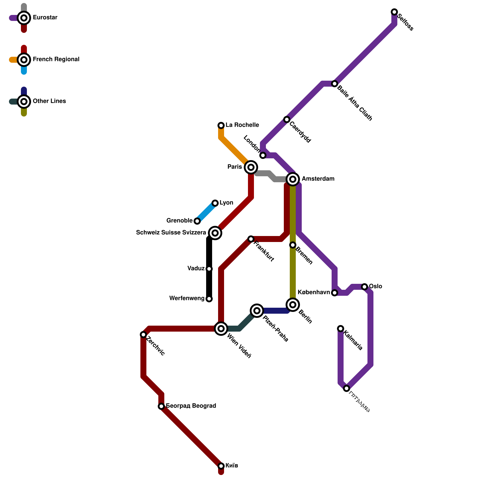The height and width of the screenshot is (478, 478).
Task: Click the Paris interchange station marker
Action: click(x=251, y=167)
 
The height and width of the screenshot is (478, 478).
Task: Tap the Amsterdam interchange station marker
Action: click(x=293, y=179)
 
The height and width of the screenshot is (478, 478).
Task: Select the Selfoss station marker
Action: click(x=394, y=12)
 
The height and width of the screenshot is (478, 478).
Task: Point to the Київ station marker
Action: click(x=221, y=466)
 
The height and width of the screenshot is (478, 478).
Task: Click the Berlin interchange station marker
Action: click(x=293, y=305)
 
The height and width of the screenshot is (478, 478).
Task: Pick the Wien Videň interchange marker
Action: click(x=221, y=329)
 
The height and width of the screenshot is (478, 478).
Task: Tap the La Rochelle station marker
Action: click(x=221, y=125)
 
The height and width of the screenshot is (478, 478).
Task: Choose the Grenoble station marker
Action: click(x=197, y=221)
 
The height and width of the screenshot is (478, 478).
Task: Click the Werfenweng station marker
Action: click(x=209, y=299)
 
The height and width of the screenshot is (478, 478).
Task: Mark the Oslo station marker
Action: click(x=364, y=287)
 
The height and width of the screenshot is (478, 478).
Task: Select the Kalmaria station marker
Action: click(x=341, y=329)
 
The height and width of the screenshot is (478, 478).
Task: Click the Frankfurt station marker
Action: click(x=251, y=239)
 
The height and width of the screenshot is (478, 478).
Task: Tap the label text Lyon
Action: click(x=226, y=203)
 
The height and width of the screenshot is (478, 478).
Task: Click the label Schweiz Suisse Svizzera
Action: click(x=171, y=233)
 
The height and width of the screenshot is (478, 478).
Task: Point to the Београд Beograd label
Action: click(x=191, y=406)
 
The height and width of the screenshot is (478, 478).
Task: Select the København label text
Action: click(x=313, y=292)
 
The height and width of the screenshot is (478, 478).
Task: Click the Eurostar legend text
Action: click(x=45, y=18)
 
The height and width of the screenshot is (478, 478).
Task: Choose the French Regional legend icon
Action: click(x=24, y=60)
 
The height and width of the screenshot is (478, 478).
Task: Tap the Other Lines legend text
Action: click(x=49, y=101)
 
